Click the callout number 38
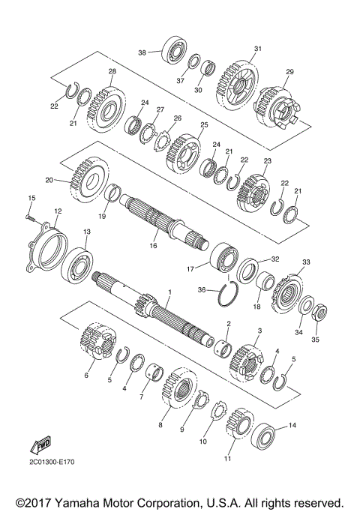click(x=142, y=52)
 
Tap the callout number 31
click(x=257, y=49)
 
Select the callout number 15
click(x=31, y=197)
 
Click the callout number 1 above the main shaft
click(x=169, y=292)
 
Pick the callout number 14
click(x=292, y=426)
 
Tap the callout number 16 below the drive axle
click(x=152, y=245)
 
